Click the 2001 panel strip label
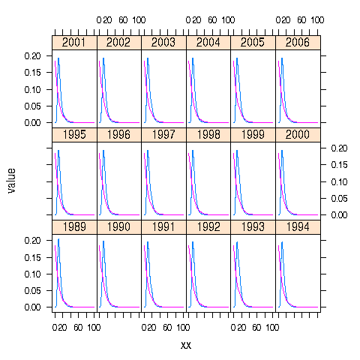point(74,43)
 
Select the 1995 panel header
point(74,135)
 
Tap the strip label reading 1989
point(74,227)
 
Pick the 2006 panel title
point(298,43)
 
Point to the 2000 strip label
point(298,135)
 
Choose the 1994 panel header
point(298,227)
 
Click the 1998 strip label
point(208,135)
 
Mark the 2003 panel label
point(163,43)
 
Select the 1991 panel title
point(163,227)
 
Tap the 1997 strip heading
point(163,135)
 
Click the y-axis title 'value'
point(12,180)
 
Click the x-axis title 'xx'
point(186,345)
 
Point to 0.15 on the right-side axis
point(338,181)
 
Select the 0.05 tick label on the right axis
point(338,198)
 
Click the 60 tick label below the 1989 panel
point(78,328)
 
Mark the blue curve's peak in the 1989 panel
point(58,239)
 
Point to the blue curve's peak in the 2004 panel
point(193,58)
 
